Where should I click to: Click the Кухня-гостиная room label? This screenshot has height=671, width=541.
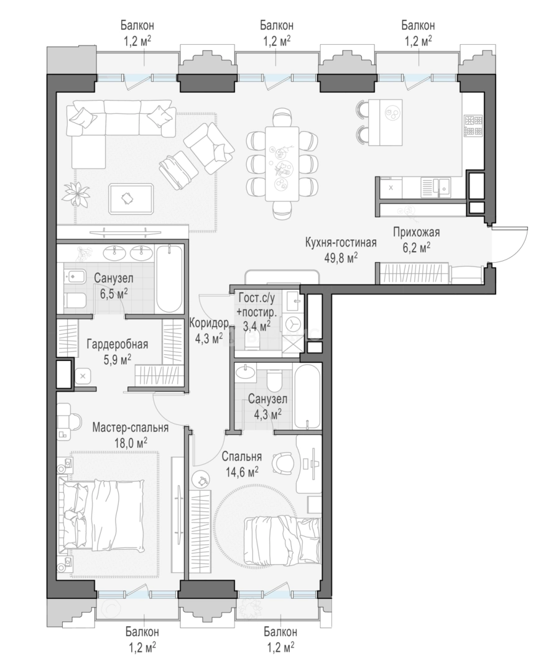point(341,243)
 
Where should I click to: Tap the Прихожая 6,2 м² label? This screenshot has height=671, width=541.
point(417,240)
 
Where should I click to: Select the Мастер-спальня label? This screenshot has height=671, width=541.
point(131,427)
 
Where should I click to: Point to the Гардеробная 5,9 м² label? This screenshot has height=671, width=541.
point(118,351)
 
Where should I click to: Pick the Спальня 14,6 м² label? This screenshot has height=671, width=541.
point(242,464)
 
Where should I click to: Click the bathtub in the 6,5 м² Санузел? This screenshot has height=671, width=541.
point(169,279)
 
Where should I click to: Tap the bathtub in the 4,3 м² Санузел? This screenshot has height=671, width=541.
point(307,395)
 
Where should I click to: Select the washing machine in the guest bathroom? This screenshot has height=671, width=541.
point(292,324)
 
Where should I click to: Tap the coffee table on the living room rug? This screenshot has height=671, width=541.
point(131,199)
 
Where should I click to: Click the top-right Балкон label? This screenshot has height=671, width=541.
point(418,32)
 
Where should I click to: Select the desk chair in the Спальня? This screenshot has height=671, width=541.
point(283,463)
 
